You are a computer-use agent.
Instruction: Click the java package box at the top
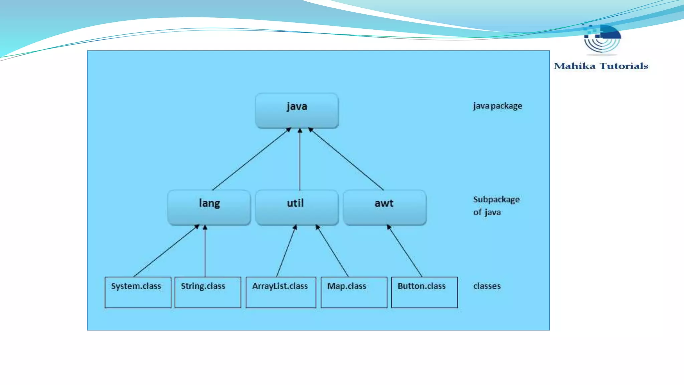point(297,110)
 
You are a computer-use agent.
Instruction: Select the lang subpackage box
point(209,207)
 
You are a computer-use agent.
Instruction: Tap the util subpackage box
point(297,207)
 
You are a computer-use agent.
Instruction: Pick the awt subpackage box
point(384,207)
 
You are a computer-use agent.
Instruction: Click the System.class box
point(138,292)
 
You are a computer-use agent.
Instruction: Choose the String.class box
point(208,292)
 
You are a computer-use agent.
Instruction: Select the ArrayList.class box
point(281,292)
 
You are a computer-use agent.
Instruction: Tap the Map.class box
point(354,292)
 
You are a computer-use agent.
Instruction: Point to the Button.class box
point(424,292)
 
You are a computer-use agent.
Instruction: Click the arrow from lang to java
point(251,159)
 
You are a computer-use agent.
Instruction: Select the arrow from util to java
point(300,159)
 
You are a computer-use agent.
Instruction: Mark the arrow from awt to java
point(346,159)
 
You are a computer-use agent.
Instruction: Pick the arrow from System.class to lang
point(166,251)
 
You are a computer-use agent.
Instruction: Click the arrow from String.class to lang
point(205,251)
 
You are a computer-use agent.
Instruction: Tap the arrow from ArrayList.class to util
point(287,251)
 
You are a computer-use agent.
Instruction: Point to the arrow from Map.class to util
point(332,251)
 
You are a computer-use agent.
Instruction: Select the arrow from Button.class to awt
point(404,251)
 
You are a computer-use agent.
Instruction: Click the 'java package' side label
point(497,106)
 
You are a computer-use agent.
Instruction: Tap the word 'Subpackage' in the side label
point(496,200)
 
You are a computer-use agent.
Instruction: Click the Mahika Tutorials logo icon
point(602,38)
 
